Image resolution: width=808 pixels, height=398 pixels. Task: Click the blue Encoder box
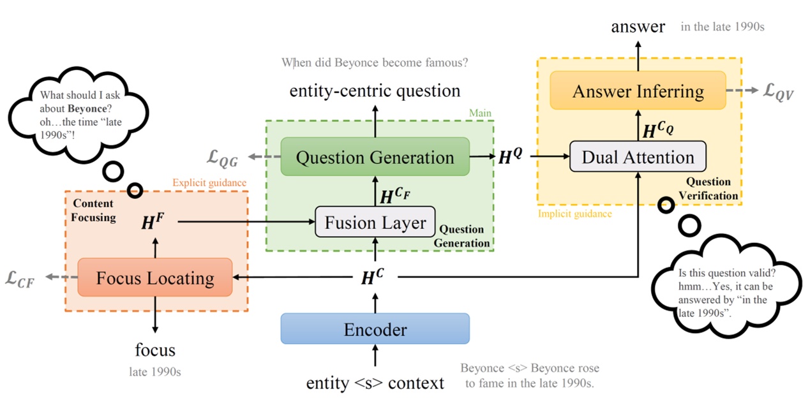pos(375,329)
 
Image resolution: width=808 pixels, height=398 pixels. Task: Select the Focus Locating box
pos(154,277)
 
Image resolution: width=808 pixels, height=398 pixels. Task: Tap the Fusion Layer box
pos(375,223)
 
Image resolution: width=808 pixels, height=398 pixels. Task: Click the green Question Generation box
pos(375,157)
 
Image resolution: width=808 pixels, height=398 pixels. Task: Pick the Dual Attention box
pos(638,157)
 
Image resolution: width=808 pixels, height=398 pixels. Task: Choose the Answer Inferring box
pos(638,91)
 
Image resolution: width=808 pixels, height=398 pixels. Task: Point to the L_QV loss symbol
pos(778,91)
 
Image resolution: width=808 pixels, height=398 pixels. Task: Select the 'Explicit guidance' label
pos(209,183)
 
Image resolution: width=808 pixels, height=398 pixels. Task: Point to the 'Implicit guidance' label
pos(575,214)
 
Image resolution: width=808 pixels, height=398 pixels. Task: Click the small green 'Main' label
pos(480,114)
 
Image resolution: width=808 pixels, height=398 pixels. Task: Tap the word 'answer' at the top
pos(638,26)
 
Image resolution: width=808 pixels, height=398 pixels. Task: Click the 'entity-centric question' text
pos(375,90)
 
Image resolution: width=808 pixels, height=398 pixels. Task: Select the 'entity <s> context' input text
pos(375,383)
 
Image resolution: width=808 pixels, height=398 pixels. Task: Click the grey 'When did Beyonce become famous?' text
pos(375,63)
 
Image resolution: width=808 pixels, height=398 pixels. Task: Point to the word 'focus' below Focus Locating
pos(154,350)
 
